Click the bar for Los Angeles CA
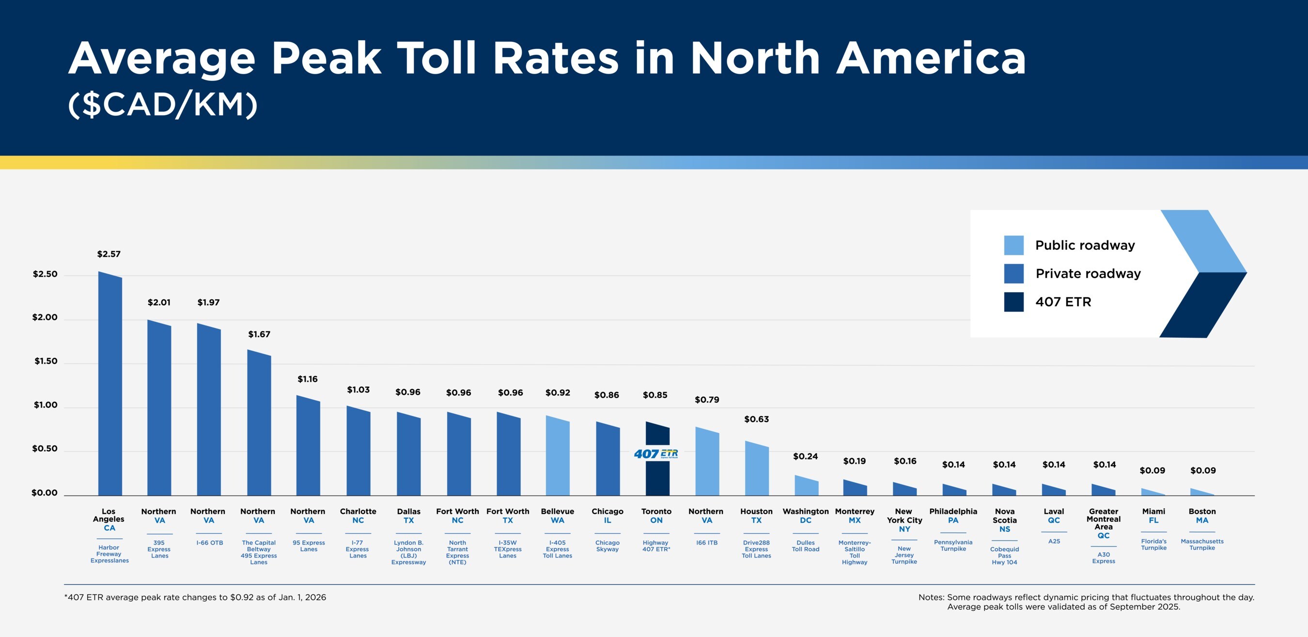tap(109, 386)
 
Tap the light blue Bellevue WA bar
tap(558, 457)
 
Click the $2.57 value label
tap(109, 254)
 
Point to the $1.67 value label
tap(259, 334)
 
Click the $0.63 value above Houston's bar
tap(756, 419)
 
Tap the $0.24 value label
tap(805, 456)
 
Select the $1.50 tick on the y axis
tap(46, 361)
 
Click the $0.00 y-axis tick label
tap(45, 493)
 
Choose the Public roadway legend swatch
tap(1013, 245)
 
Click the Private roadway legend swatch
tap(1013, 274)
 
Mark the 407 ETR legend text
tap(1063, 302)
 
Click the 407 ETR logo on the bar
tap(655, 454)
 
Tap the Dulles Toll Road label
tap(805, 545)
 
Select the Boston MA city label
tap(1202, 515)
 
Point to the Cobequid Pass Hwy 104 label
tap(1004, 555)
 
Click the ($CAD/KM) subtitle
tap(162, 105)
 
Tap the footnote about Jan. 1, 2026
tap(195, 597)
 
